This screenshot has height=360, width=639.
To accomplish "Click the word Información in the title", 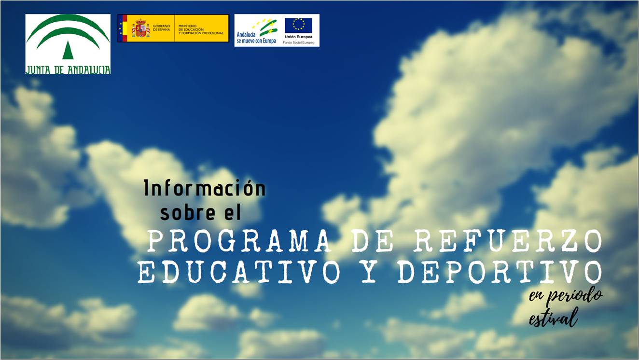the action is tap(205, 188).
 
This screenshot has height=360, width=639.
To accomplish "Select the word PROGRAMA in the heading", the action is tap(239, 241).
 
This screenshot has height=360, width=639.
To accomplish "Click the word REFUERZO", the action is tap(508, 241).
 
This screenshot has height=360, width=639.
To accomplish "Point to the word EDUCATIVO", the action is tap(239, 271).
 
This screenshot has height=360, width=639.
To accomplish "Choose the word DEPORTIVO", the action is tap(500, 271).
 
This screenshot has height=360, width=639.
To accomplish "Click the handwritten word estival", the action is tap(554, 318).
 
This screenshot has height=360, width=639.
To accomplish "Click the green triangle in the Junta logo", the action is tap(68, 50).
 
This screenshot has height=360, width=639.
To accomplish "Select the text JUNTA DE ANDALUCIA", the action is tap(68, 70).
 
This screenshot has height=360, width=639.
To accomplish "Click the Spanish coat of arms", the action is tap(140, 28).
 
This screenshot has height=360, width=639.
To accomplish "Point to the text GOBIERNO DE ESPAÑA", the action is tap(162, 28).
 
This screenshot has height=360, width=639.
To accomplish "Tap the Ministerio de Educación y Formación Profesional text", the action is tap(201, 29).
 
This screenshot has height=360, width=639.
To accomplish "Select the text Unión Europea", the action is tap(298, 37).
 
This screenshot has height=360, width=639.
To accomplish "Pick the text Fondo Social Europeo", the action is tap(298, 42).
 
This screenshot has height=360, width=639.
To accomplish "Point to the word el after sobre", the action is tap(233, 212).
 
